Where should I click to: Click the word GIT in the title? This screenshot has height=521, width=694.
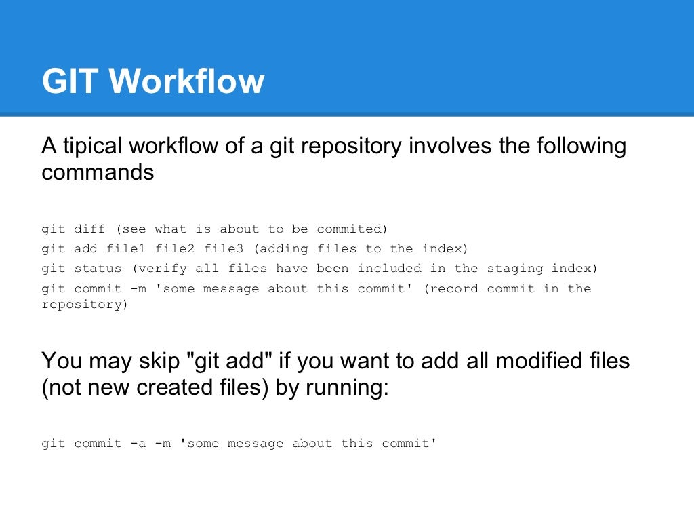coord(70,81)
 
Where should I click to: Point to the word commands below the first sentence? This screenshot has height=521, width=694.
coord(98,172)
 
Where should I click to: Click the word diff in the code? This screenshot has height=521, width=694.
coord(86,229)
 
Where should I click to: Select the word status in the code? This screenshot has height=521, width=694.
coord(98,268)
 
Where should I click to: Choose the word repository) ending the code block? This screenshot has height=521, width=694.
coord(85,304)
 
